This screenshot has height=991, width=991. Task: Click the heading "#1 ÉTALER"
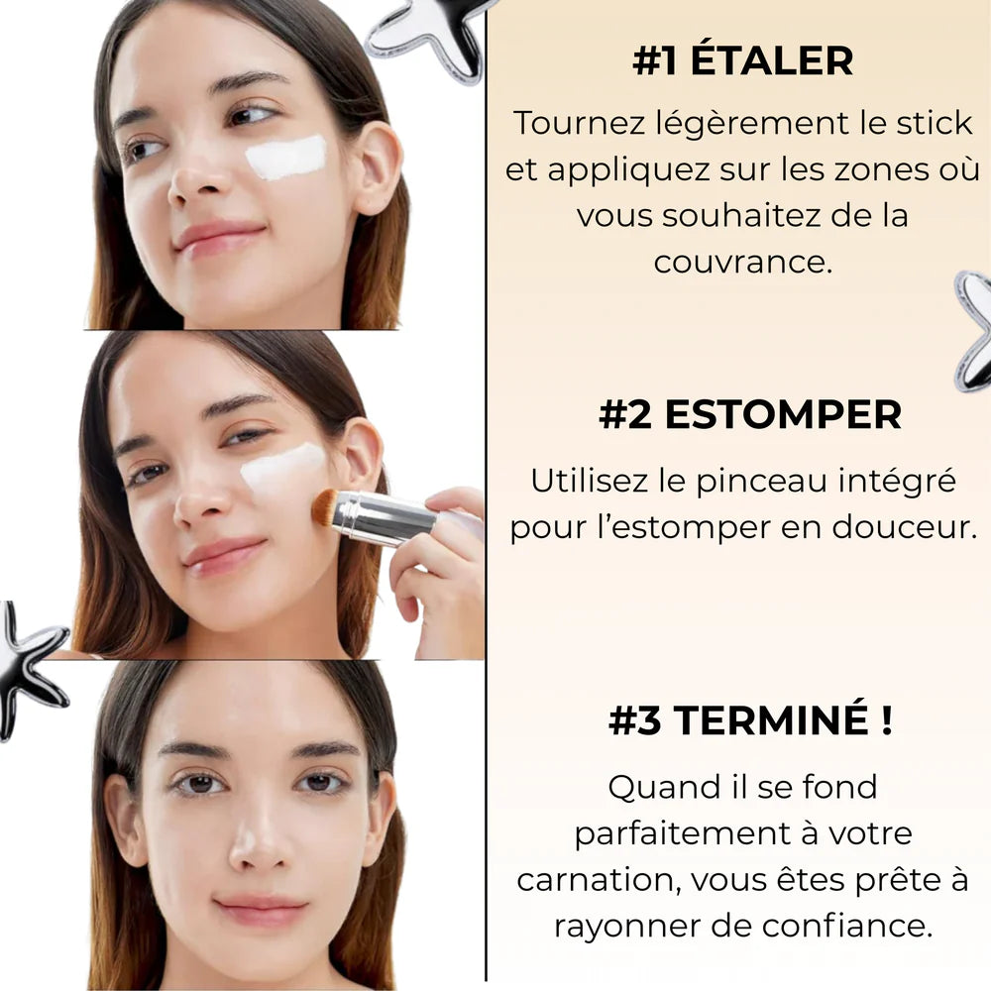742,61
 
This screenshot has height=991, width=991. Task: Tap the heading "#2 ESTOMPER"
750,415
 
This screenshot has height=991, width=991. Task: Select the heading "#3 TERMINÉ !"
750,720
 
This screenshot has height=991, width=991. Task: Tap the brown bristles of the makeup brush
325,506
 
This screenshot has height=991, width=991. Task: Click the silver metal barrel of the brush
386,516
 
